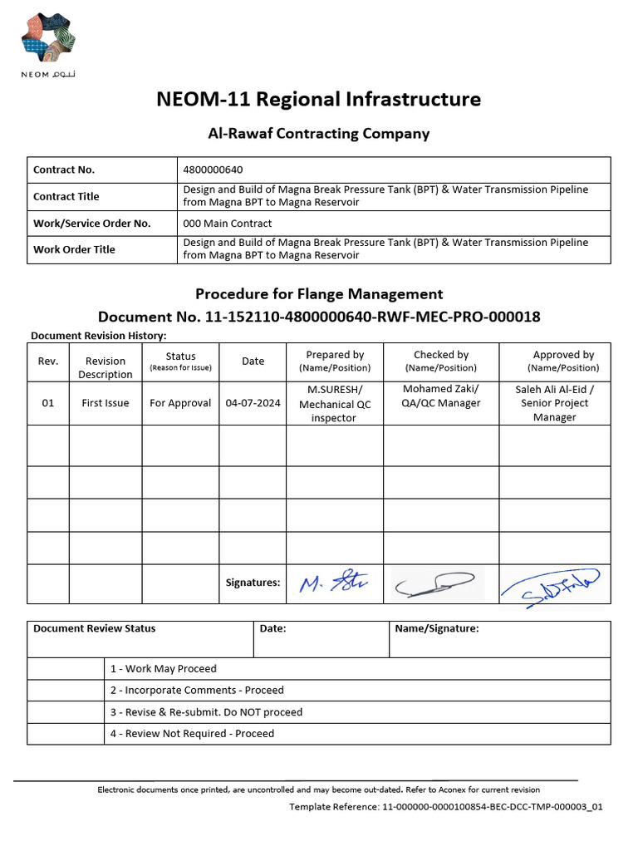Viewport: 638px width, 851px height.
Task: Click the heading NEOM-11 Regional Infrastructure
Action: [x=318, y=99]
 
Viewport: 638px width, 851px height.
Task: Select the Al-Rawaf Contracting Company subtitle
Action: [x=318, y=133]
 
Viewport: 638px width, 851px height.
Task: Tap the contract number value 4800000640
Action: [x=213, y=170]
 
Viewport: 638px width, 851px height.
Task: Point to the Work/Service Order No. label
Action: [x=91, y=223]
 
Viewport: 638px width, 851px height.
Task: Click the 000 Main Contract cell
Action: [x=227, y=223]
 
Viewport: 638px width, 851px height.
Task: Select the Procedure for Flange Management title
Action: [x=318, y=293]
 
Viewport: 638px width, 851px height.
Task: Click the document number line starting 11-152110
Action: [x=318, y=317]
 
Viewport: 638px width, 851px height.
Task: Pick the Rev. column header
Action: [x=48, y=361]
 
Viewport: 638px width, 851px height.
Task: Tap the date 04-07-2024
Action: [x=253, y=403]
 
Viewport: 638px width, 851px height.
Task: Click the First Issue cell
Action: [x=105, y=403]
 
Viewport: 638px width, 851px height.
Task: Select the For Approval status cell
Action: [x=180, y=403]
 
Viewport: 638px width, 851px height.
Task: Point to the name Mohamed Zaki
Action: [x=440, y=389]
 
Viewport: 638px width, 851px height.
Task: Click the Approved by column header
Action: [x=563, y=361]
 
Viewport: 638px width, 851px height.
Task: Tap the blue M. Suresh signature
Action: [x=334, y=583]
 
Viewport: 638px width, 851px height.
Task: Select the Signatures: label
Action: [x=253, y=583]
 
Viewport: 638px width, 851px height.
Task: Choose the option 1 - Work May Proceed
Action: [x=163, y=668]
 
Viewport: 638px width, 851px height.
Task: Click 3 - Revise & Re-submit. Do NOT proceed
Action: [x=206, y=711]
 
